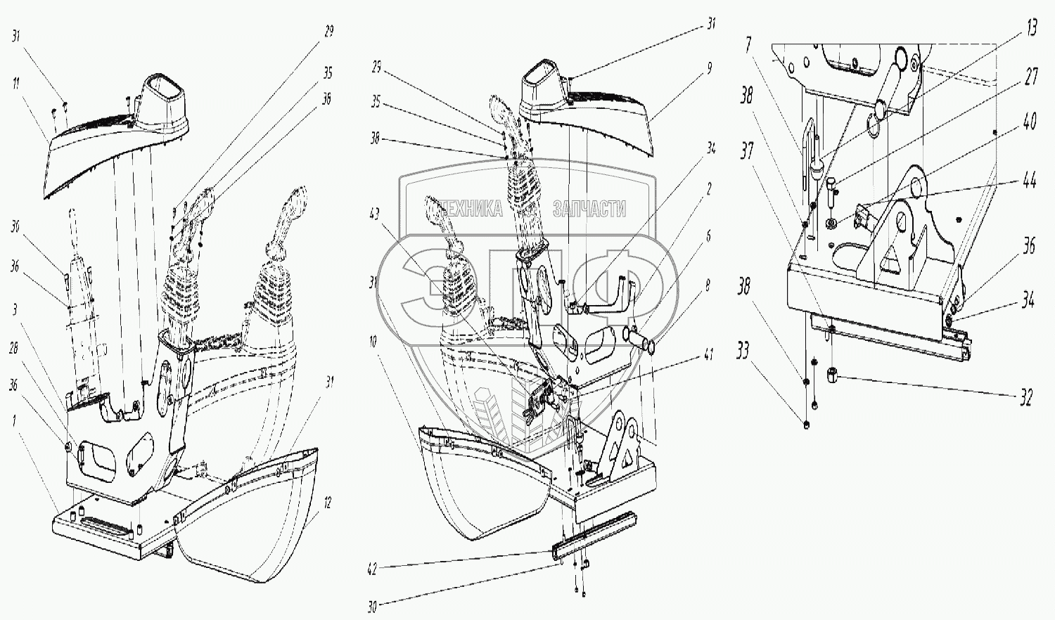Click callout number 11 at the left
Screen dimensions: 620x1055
[15, 84]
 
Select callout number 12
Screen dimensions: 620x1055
[327, 503]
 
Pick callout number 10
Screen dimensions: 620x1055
[373, 342]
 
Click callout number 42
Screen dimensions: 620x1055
[373, 569]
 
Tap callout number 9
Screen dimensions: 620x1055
[709, 69]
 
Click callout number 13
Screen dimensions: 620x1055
[1032, 29]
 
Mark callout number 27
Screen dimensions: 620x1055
[1030, 76]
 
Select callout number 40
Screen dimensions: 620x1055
[1030, 122]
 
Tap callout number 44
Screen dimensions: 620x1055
[1030, 181]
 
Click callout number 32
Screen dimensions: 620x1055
[1026, 398]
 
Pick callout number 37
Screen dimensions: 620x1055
[746, 150]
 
